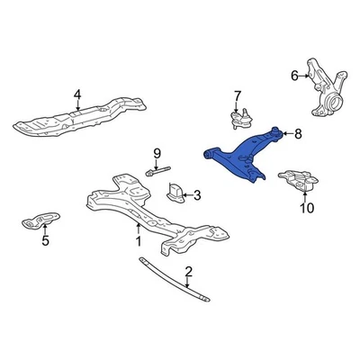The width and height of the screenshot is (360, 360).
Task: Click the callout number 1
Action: click(x=139, y=240)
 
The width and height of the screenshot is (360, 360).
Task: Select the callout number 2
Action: click(x=189, y=272)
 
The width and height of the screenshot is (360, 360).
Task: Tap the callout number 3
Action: click(x=198, y=194)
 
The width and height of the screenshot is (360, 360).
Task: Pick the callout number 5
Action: click(x=46, y=240)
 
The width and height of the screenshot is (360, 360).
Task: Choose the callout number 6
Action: click(x=294, y=76)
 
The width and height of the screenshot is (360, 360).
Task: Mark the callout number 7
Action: click(x=238, y=94)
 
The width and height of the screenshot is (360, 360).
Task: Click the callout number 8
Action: click(x=299, y=136)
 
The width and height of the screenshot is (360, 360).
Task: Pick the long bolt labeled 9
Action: click(x=157, y=169)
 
